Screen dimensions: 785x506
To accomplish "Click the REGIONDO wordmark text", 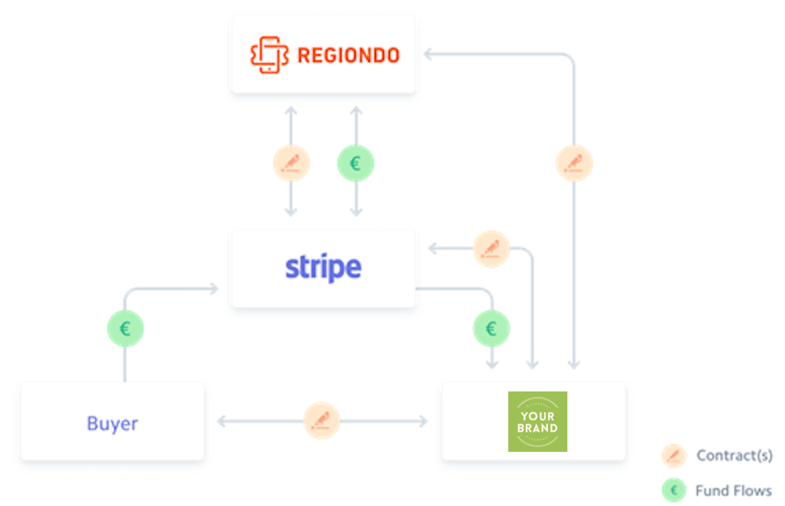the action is pos(348,55).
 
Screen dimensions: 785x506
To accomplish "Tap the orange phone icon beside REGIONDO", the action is pos(269,55).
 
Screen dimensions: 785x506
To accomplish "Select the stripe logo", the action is pos(323,268).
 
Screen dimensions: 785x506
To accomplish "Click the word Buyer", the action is pos(113,424).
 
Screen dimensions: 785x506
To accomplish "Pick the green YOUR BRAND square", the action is pos(538,422).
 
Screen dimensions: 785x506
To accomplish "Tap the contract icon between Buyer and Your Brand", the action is pos(321,421).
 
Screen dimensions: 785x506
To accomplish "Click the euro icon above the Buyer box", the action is pos(125,329).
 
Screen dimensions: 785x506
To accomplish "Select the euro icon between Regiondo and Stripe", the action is pos(356,163).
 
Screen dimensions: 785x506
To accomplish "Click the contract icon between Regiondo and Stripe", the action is pos(291,163).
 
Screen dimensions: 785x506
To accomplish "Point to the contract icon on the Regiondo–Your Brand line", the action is pos(574,163).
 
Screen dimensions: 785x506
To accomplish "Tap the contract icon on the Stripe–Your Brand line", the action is pos(491,249).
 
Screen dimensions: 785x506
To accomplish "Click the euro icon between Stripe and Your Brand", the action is pos(491,329).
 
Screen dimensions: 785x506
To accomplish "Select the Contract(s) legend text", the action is pos(735,456).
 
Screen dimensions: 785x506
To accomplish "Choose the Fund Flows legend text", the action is pos(734,490).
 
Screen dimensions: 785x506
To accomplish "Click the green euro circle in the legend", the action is pos(674,490).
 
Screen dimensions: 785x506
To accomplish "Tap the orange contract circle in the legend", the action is pos(674,456).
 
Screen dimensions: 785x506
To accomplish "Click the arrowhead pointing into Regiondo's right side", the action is pos(427,54).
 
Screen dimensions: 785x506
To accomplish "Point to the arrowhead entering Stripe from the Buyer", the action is pos(214,289).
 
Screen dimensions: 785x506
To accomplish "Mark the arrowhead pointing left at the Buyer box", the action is pos(221,421).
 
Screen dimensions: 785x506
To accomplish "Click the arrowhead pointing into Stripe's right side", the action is pos(433,249).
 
